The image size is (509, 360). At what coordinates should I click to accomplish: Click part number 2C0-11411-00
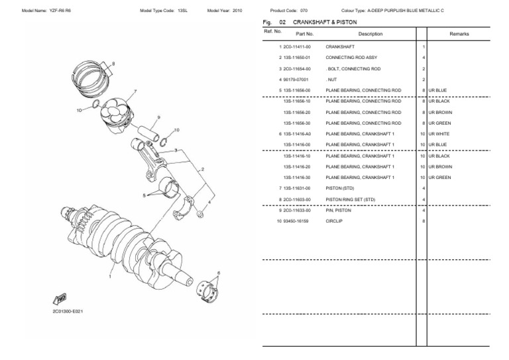pos(296,48)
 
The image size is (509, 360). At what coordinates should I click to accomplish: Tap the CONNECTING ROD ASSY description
pos(352,58)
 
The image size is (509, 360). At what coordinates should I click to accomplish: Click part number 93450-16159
pos(298,220)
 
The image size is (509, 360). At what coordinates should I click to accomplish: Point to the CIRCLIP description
pos(334,220)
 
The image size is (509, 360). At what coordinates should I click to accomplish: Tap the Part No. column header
pos(305,33)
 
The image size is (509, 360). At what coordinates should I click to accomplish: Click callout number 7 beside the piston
pos(135,91)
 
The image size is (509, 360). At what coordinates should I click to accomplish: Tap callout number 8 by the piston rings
pos(113,63)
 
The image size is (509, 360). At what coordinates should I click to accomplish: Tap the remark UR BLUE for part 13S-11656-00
pos(438,91)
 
